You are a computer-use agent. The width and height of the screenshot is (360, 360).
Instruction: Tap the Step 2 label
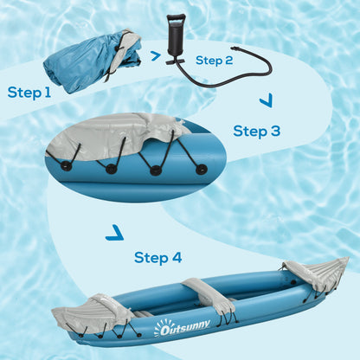pos(215,60)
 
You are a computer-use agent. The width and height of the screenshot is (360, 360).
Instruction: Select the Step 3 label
pos(257,131)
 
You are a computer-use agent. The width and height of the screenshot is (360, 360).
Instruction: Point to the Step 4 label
pos(158,257)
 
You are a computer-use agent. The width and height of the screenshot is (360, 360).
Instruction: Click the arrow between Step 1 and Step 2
pos(156,56)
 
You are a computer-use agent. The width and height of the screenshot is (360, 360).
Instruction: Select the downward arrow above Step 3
pos(265,101)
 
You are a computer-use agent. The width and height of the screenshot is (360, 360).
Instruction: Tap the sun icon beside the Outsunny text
pos(159,329)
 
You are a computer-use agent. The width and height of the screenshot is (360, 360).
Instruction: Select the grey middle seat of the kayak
pos(209,295)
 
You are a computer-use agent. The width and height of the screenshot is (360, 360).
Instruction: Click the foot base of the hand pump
pos(177,60)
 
